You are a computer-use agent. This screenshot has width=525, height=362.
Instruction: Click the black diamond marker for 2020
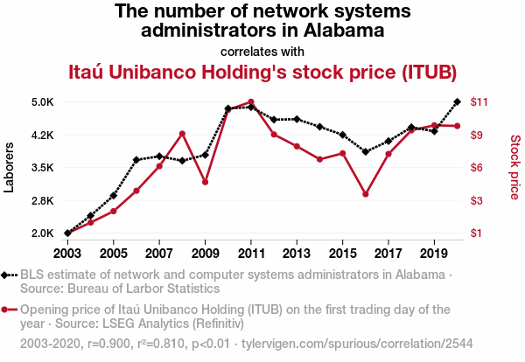[457, 102]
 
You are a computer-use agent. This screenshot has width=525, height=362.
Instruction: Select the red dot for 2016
[366, 194]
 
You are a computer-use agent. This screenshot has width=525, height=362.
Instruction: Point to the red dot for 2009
[205, 182]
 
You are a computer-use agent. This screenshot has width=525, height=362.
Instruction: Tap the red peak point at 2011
[251, 102]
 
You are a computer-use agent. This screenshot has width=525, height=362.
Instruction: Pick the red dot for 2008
[182, 134]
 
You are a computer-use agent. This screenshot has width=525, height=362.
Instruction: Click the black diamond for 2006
[136, 160]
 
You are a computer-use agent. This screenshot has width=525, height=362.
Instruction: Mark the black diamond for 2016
[366, 151]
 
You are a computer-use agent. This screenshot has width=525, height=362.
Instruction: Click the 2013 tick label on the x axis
[297, 254]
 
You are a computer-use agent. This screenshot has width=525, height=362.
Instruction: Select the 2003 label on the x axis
[67, 254]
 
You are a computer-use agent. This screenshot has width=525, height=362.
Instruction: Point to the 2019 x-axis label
[434, 254]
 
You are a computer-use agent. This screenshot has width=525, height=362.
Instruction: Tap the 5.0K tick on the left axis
[43, 102]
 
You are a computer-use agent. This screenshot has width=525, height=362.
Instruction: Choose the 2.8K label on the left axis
[43, 201]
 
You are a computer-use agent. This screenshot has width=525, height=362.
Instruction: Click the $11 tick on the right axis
[479, 102]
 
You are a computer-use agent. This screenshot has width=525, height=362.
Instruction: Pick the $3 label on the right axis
[476, 201]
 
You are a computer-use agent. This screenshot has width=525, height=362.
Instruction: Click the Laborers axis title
[10, 168]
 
